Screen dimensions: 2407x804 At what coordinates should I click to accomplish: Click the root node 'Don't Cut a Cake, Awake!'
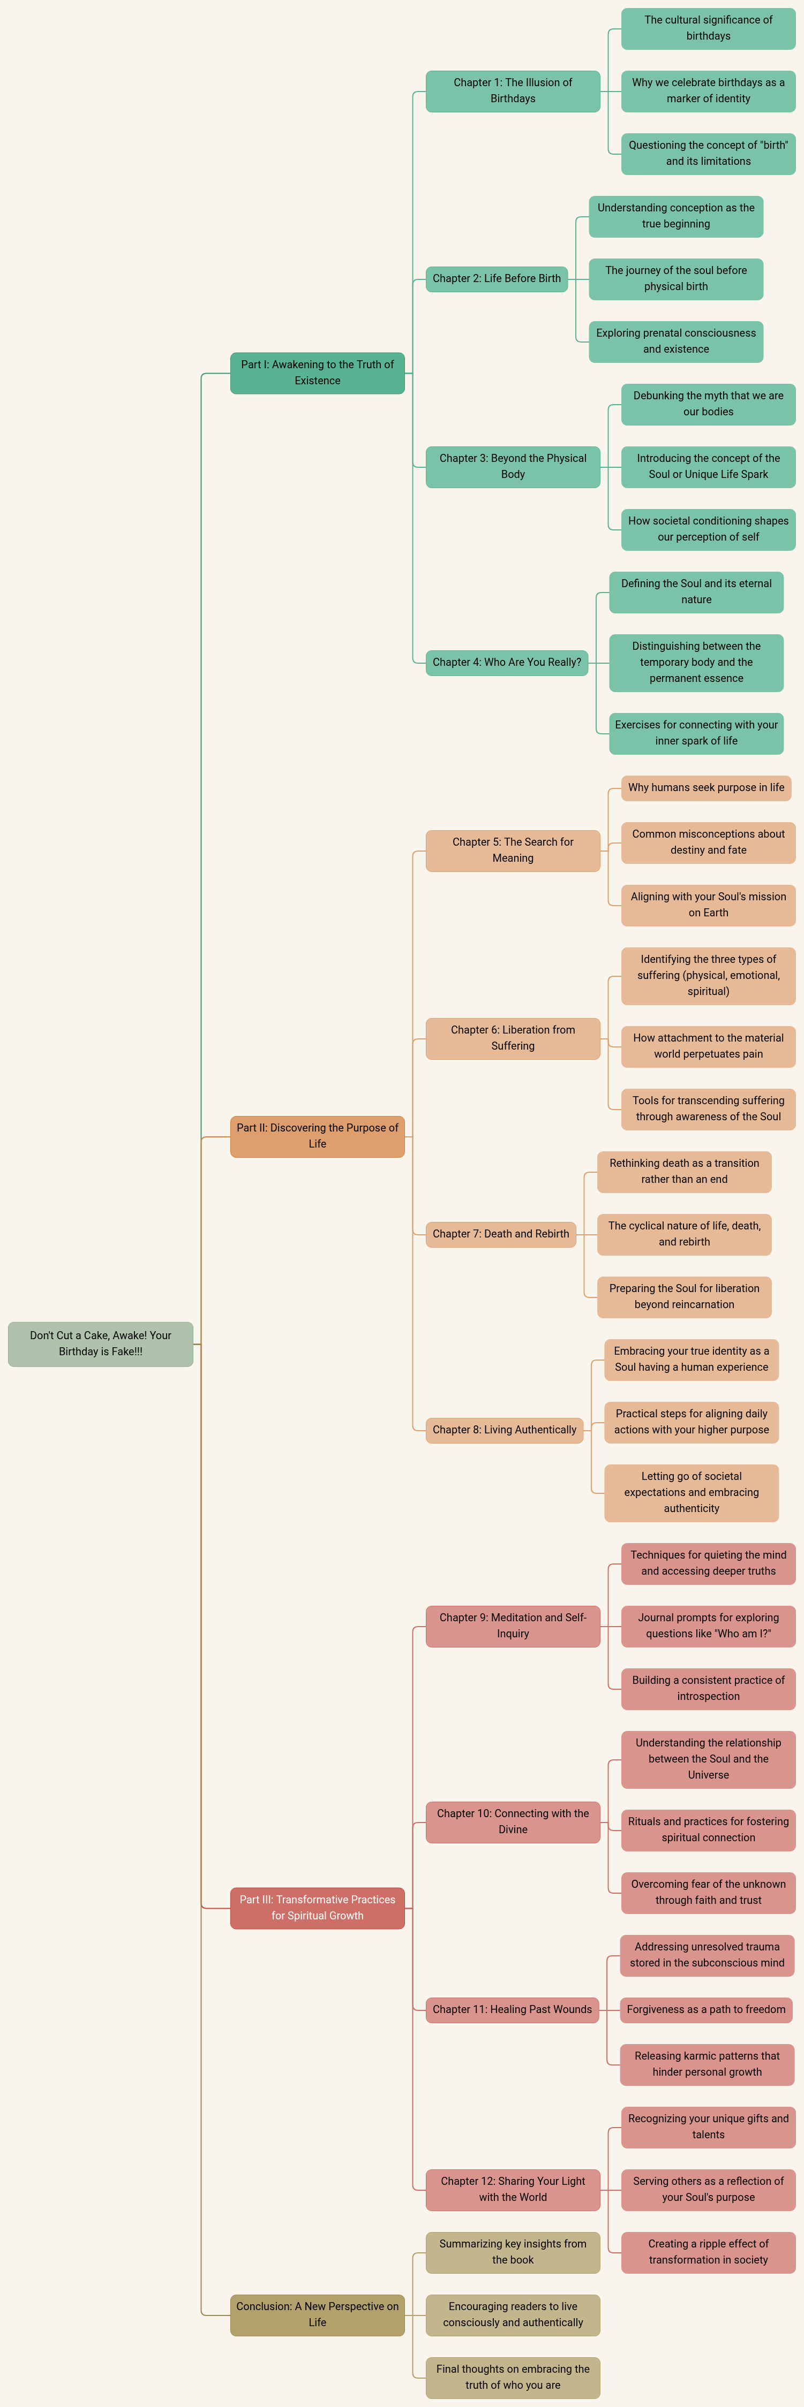100,1343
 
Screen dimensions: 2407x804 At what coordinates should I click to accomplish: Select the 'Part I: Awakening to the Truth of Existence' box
317,373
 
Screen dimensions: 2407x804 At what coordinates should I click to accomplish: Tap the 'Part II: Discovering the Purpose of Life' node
317,1136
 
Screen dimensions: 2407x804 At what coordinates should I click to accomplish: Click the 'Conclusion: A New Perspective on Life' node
317,2314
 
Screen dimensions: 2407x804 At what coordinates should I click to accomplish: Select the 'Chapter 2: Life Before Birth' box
497,278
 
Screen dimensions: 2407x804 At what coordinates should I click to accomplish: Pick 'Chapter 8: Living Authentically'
504,1430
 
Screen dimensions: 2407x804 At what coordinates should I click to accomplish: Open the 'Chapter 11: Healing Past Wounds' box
512,2009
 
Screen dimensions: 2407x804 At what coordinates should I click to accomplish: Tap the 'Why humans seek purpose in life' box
706,788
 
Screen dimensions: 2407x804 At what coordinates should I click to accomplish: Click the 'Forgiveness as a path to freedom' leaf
706,2009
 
